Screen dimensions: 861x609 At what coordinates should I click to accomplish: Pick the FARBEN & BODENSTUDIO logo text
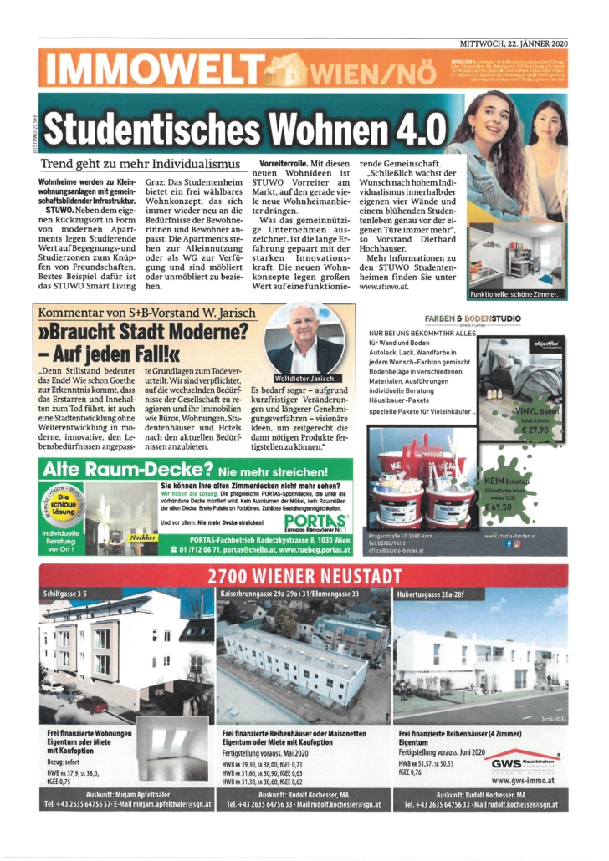pos(473,319)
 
